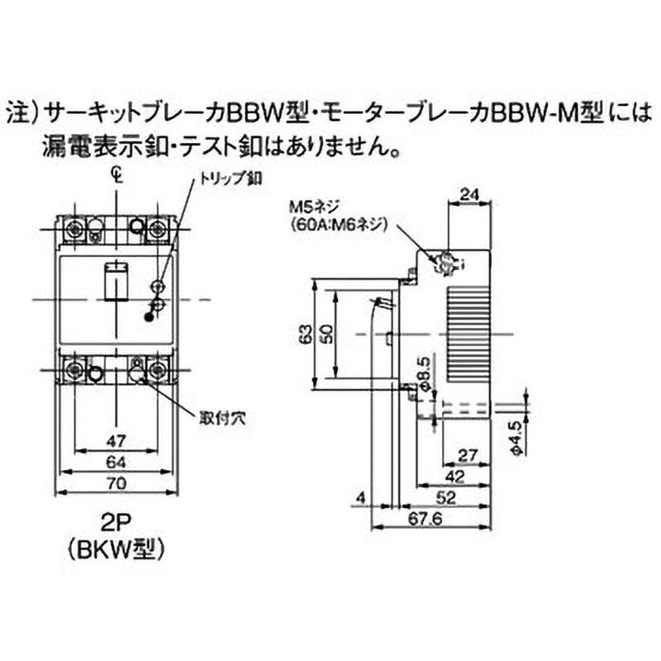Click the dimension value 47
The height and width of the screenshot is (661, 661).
point(116,439)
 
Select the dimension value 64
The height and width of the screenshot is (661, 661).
point(116,461)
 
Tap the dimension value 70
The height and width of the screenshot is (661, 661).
point(116,484)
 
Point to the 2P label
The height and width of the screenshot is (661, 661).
point(116,522)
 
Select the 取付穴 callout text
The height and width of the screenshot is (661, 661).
point(222,418)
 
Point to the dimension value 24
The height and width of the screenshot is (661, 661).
point(468,195)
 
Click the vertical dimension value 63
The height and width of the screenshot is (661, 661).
point(306,334)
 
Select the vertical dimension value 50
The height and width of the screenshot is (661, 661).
point(328,334)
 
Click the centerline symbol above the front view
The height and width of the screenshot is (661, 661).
point(117,175)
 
